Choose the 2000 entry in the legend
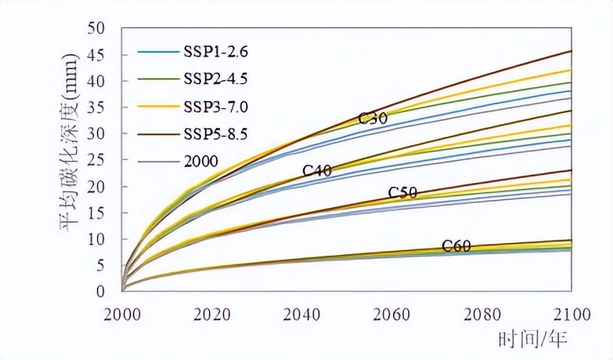pos(201,161)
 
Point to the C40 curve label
pos(317,170)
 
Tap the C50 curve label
pos(402,192)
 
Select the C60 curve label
pos(457,246)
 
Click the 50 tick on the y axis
pos(96,28)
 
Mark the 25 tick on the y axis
pos(96,160)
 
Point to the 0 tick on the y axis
pos(100,291)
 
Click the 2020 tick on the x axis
pos(212,314)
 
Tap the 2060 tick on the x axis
pos(392,314)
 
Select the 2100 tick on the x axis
pos(571,314)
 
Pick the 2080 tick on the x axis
pos(482,314)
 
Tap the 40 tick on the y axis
pos(96,81)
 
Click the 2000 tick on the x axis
pos(122,314)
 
